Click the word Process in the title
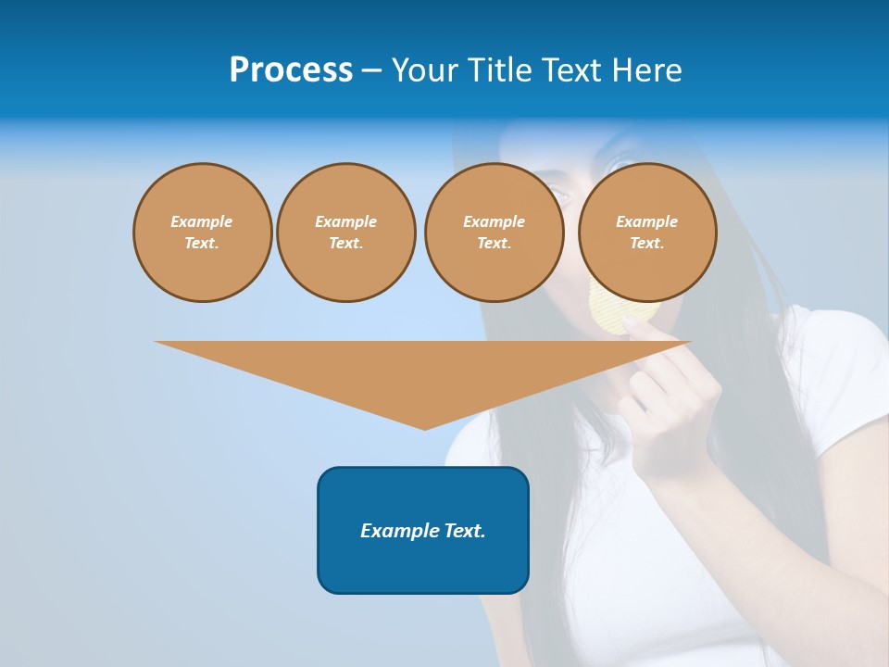(x=291, y=70)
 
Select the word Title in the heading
(x=497, y=70)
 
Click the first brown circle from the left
(x=202, y=233)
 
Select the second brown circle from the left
(x=345, y=233)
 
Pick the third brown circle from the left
(x=494, y=233)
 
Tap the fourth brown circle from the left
(x=647, y=233)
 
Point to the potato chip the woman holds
(x=611, y=311)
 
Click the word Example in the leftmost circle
(x=202, y=221)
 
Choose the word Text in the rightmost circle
(x=647, y=244)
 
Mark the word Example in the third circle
(x=494, y=221)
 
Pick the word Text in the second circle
(x=345, y=244)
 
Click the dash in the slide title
(x=371, y=70)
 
